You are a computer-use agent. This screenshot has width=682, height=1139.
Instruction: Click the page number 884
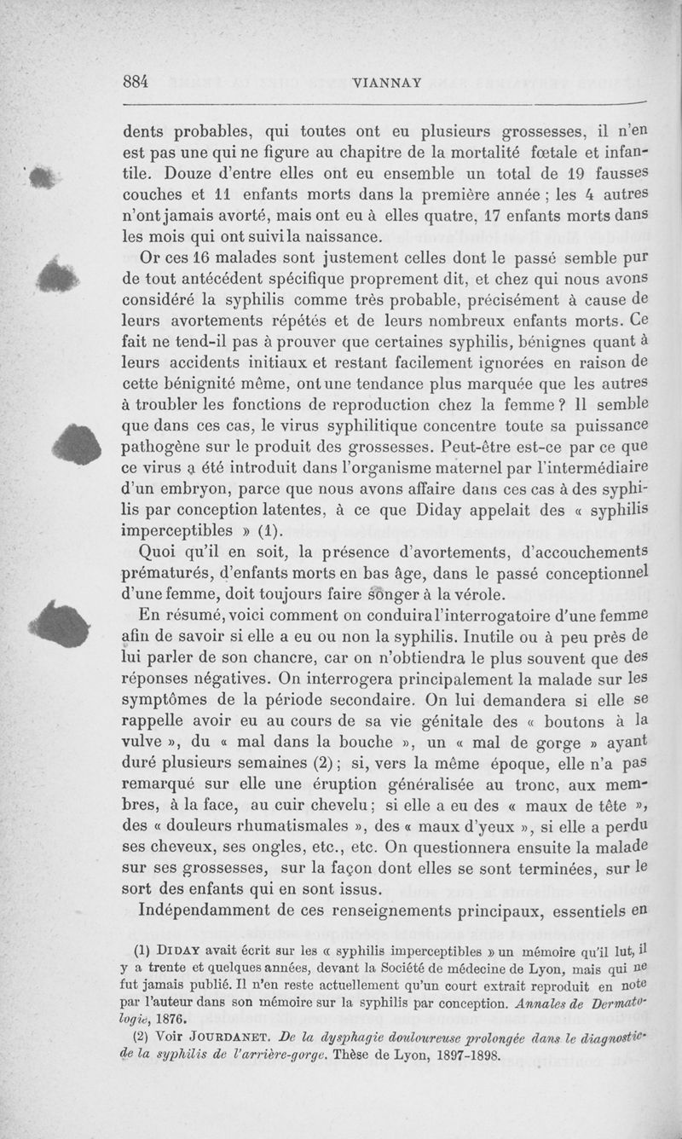coord(136,82)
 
